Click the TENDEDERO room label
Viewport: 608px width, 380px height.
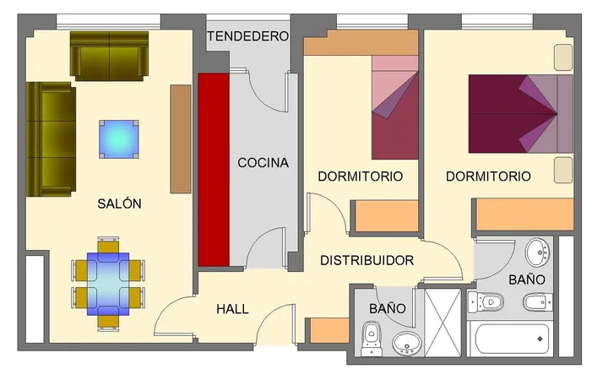coord(248,36)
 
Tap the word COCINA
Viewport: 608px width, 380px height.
coord(263,162)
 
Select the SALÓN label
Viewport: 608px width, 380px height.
coord(119,204)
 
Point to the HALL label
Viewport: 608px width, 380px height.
coord(232,309)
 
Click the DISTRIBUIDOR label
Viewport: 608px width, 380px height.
coord(366,260)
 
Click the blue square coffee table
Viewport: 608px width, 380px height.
coord(119,139)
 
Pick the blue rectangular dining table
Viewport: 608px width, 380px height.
coord(108,284)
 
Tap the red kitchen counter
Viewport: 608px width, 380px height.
coord(214,170)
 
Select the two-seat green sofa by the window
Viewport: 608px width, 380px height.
coord(109,56)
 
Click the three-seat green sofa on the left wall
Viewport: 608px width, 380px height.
coord(51,139)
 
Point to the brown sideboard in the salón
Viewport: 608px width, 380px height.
coord(181,138)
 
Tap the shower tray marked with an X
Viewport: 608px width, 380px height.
coord(443,323)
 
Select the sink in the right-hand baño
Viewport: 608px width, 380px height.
coord(538,252)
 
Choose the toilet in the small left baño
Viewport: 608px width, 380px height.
coord(372,338)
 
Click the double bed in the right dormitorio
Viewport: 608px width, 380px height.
coord(521,114)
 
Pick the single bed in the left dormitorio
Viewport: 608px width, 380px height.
coord(395,107)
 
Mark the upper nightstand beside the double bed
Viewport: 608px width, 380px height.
coord(563,57)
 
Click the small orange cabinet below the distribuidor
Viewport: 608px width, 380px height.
coord(330,330)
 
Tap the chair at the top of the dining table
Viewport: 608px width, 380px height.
coord(108,247)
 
